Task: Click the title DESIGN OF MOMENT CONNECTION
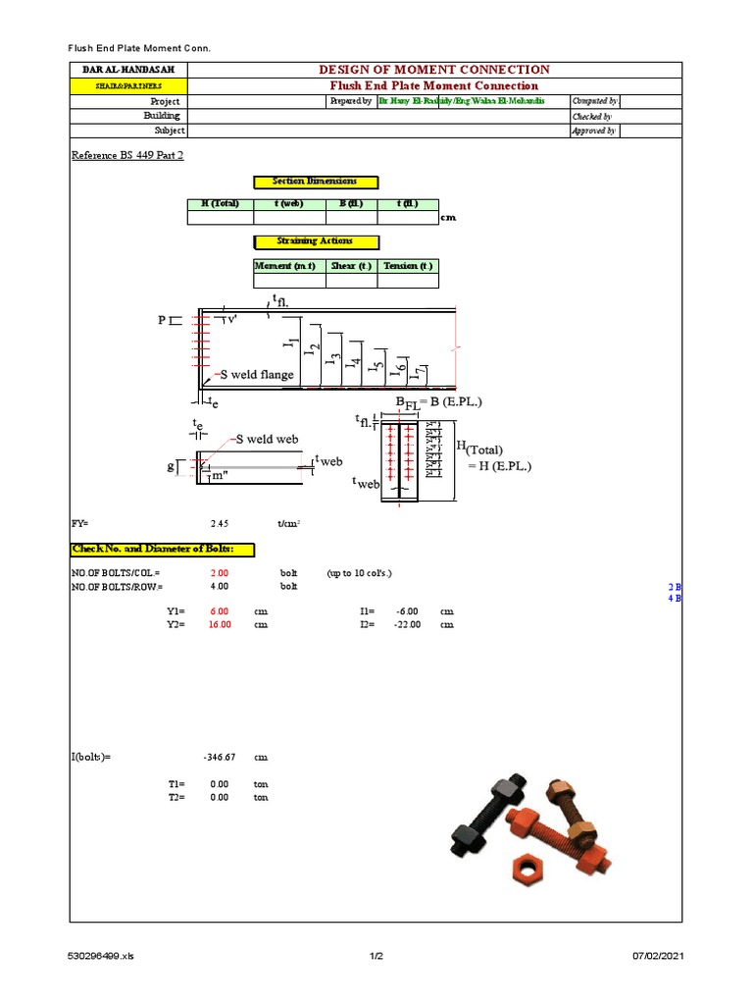point(434,70)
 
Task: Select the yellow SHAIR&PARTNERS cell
point(127,85)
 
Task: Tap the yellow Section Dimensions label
point(315,182)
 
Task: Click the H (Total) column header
point(220,204)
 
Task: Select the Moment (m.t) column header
point(283,266)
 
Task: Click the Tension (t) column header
point(407,266)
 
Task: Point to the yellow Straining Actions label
point(315,241)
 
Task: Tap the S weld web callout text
point(265,439)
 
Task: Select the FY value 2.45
point(220,524)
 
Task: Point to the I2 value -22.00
point(406,624)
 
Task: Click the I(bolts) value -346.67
point(217,758)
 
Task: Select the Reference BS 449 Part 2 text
point(127,156)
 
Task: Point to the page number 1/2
point(376,956)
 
